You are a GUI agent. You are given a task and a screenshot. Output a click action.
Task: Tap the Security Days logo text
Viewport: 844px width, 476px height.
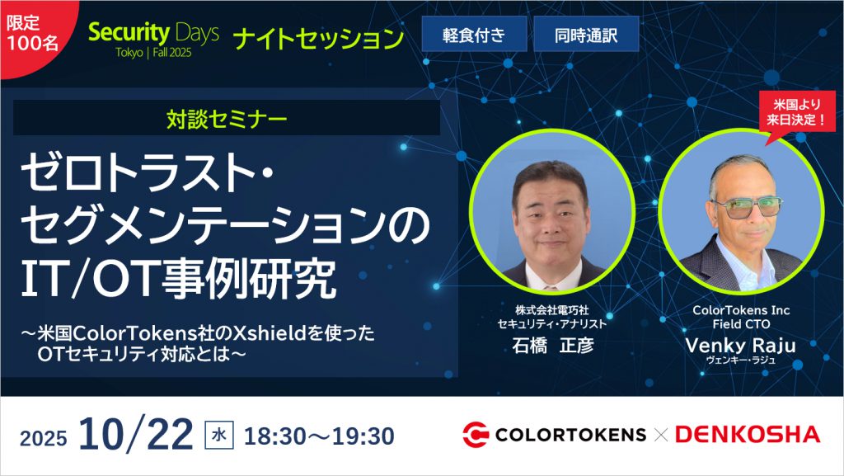(x=153, y=34)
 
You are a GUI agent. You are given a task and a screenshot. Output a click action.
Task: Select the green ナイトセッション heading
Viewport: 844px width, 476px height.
(x=318, y=37)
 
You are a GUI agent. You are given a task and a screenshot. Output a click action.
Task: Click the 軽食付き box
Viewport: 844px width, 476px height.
(x=474, y=35)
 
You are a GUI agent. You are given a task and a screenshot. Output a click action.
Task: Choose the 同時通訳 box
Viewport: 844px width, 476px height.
(x=586, y=35)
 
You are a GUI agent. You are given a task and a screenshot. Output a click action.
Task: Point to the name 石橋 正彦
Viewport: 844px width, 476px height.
(x=552, y=345)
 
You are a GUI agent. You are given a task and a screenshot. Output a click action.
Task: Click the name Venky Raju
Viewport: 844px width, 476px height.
(x=740, y=345)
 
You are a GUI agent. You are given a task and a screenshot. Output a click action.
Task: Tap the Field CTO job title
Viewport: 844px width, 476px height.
(x=740, y=324)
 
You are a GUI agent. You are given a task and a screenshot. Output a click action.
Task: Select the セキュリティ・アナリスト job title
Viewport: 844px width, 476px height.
(x=552, y=324)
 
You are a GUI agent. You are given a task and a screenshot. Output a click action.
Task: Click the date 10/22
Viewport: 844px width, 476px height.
(x=136, y=434)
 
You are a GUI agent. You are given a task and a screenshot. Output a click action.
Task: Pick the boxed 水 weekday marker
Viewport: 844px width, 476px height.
(x=216, y=435)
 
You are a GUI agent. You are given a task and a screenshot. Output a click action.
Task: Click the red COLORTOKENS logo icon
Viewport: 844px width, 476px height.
(x=476, y=434)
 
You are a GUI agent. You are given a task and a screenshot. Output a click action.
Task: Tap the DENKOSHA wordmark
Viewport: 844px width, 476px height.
(x=748, y=434)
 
